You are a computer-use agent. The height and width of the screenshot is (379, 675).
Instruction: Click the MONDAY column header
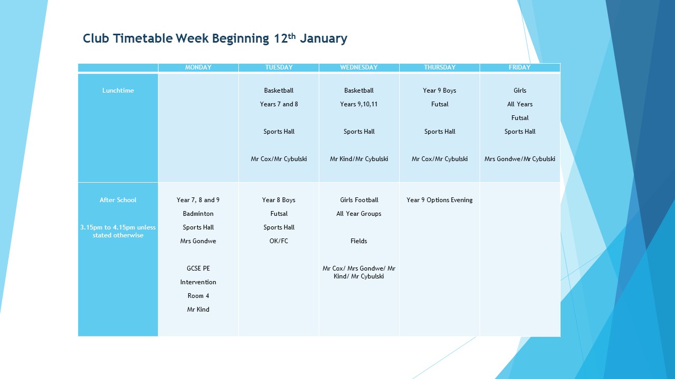198,67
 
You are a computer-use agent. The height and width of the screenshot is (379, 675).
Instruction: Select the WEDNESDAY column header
359,67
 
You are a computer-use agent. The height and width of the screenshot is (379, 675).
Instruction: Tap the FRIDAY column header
519,67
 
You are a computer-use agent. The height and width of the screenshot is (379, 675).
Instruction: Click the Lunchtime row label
118,90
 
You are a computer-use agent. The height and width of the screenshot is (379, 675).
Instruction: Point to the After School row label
118,200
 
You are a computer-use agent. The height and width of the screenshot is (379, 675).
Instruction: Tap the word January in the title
323,39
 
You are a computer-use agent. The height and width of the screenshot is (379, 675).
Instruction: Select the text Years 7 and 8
279,104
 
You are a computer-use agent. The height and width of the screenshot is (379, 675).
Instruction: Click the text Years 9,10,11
359,104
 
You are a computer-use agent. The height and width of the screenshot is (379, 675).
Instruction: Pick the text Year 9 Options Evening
439,200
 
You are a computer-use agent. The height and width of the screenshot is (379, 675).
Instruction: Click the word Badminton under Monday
198,214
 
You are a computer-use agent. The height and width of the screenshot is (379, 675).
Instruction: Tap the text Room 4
198,296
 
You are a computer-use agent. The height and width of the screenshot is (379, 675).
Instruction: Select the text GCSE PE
198,268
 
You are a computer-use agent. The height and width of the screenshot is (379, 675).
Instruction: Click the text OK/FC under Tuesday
279,241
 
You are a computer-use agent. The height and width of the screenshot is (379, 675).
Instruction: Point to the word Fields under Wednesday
359,241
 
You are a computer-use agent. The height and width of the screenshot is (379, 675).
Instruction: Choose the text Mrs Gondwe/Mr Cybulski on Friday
519,159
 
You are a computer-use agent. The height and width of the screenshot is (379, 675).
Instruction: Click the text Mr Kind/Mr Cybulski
359,159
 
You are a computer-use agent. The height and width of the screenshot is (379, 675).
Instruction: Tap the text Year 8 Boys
279,200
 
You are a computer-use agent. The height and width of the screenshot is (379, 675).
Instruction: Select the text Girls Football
359,200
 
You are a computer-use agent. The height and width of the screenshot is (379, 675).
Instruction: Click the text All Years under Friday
519,104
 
